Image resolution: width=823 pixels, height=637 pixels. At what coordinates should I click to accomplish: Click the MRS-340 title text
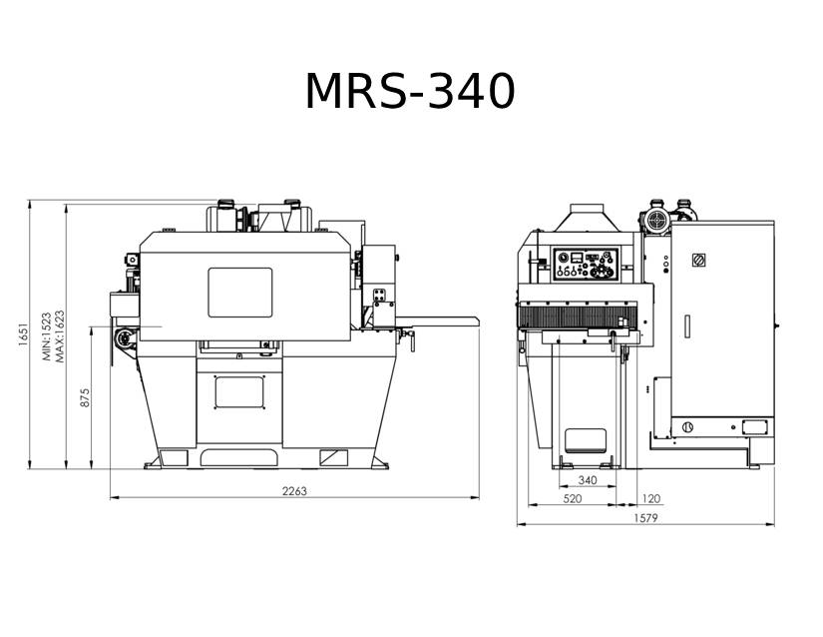(x=410, y=92)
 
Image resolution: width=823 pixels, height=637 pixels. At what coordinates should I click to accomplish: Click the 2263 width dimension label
(x=294, y=491)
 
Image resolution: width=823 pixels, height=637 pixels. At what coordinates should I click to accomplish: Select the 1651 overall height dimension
(x=23, y=334)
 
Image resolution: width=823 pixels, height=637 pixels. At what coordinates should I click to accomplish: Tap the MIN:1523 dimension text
(x=47, y=336)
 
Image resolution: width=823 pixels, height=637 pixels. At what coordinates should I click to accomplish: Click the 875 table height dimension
(x=85, y=397)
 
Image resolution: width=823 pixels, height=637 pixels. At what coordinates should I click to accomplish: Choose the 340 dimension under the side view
(x=588, y=480)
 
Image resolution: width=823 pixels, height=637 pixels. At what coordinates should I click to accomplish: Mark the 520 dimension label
(x=573, y=498)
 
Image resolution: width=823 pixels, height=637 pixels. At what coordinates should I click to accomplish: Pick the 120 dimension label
(x=650, y=498)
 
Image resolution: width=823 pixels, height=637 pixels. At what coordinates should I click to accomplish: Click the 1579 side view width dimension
(x=645, y=518)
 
